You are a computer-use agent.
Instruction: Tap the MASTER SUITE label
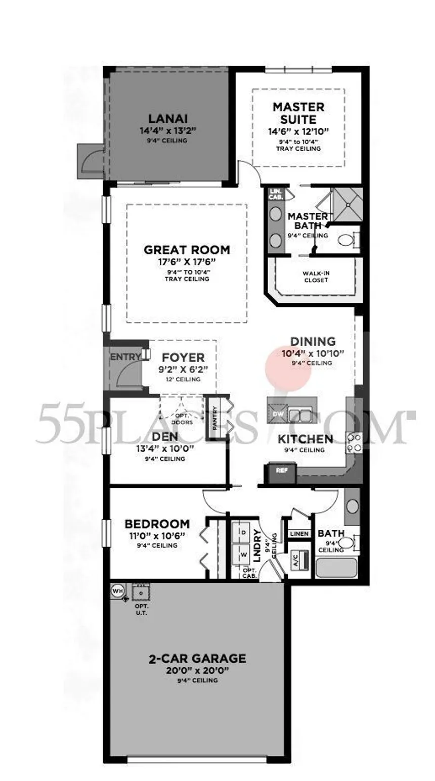(x=298, y=113)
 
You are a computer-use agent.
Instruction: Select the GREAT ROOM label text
(x=187, y=250)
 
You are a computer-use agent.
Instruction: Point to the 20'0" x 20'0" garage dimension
(x=197, y=670)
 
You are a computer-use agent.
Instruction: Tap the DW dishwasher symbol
(x=278, y=414)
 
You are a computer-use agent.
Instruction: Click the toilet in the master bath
(x=349, y=240)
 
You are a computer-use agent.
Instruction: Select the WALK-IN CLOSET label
(x=316, y=277)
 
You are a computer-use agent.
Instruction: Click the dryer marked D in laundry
(x=244, y=532)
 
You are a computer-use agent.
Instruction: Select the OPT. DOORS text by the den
(x=182, y=419)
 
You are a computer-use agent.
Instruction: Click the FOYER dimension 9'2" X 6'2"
(x=183, y=369)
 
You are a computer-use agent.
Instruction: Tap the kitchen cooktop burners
(x=354, y=443)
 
